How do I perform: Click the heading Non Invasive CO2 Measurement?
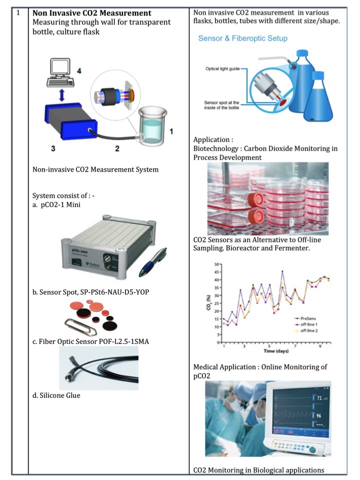pos(91,13)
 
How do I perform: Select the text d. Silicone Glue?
pos(56,395)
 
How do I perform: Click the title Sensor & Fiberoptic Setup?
pos(242,38)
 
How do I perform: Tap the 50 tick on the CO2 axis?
pos(216,264)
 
